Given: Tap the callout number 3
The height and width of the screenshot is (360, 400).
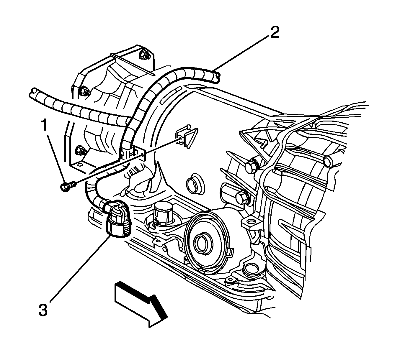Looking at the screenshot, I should (x=43, y=310).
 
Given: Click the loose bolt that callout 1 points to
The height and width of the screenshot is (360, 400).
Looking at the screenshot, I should (x=67, y=186).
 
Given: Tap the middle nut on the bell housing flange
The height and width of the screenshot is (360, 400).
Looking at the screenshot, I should (x=84, y=91).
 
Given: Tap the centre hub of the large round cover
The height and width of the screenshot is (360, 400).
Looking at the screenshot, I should (x=202, y=243).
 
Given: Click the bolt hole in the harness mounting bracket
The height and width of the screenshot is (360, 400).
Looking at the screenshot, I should (x=143, y=154).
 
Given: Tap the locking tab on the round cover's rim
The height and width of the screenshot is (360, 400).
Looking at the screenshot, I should (x=230, y=252).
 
